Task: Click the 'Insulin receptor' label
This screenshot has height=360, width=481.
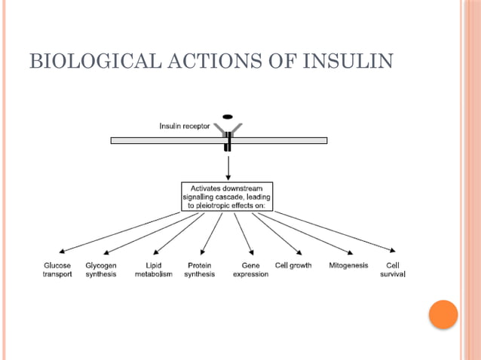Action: point(185,126)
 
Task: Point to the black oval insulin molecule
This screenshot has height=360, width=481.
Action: point(227,117)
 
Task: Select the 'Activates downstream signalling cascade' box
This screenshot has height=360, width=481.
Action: point(227,195)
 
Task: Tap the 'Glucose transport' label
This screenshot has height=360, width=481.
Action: point(57,270)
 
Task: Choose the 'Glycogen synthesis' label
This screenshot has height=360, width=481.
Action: point(100,270)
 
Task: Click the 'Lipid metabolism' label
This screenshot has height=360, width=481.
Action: point(153,270)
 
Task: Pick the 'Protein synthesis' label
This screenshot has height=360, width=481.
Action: point(199,270)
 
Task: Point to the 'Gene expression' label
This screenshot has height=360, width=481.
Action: point(250,270)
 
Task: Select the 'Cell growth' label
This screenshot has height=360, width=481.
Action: point(293,266)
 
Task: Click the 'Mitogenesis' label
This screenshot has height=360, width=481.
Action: point(348,266)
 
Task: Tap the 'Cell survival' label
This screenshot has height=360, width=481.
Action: point(393,270)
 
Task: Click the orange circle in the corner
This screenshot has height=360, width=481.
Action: point(443,314)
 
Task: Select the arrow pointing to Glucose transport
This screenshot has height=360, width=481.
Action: point(121,232)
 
